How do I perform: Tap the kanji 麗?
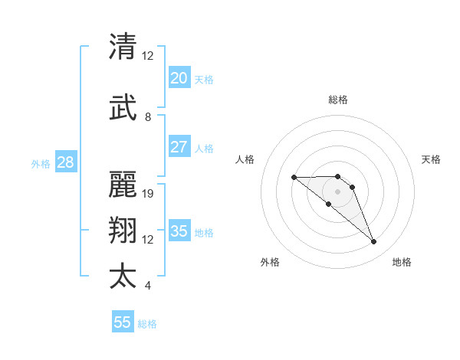123,183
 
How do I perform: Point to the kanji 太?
123,277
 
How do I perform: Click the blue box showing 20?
179,78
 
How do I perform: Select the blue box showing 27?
179,147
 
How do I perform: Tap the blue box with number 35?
179,231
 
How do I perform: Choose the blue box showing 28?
65,162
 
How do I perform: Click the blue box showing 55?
123,322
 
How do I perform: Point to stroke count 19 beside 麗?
149,193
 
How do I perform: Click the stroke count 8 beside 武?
148,117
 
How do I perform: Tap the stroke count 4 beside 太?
148,286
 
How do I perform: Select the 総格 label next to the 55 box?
147,324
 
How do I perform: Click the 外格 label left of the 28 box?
41,163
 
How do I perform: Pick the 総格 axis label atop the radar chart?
338,100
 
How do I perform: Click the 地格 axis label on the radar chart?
402,262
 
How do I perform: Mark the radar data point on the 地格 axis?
374,242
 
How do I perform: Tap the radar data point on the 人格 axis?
294,178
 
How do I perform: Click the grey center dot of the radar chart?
338,191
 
